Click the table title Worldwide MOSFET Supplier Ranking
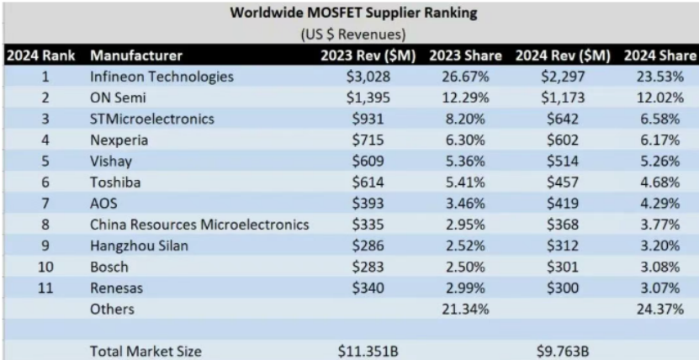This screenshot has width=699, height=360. point(349,13)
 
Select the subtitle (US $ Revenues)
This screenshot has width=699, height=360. point(349,35)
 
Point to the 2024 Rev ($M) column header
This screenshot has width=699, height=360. point(564,56)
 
